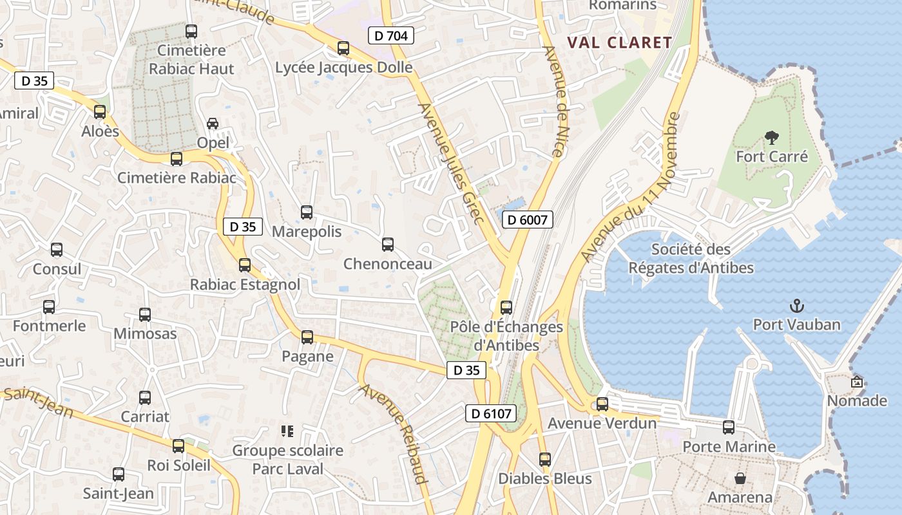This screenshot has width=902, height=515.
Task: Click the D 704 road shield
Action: tap(391, 36)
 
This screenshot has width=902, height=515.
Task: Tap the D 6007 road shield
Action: tap(527, 220)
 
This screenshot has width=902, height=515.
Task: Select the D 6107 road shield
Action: tap(491, 413)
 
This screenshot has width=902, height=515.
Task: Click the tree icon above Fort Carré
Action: tap(771, 137)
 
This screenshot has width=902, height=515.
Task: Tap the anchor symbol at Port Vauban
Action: tap(797, 305)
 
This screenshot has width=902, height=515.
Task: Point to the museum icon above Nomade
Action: tap(857, 382)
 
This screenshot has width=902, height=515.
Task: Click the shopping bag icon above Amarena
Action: tap(740, 478)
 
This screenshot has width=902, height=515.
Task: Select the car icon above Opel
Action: tap(213, 123)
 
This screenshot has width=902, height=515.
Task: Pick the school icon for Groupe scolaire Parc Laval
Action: tap(287, 431)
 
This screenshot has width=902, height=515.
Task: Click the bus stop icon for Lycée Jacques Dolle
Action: tap(343, 48)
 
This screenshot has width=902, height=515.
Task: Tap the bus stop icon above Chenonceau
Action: tap(387, 245)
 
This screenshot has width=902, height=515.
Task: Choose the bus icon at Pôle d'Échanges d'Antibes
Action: tap(506, 308)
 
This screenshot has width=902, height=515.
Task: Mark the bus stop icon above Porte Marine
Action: tap(729, 427)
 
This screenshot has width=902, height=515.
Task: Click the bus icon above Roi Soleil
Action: tap(178, 445)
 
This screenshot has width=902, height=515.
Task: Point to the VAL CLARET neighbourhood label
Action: tap(619, 43)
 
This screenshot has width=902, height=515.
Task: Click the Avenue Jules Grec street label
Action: tap(451, 164)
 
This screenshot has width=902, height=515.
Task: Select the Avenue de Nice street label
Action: tap(553, 101)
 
